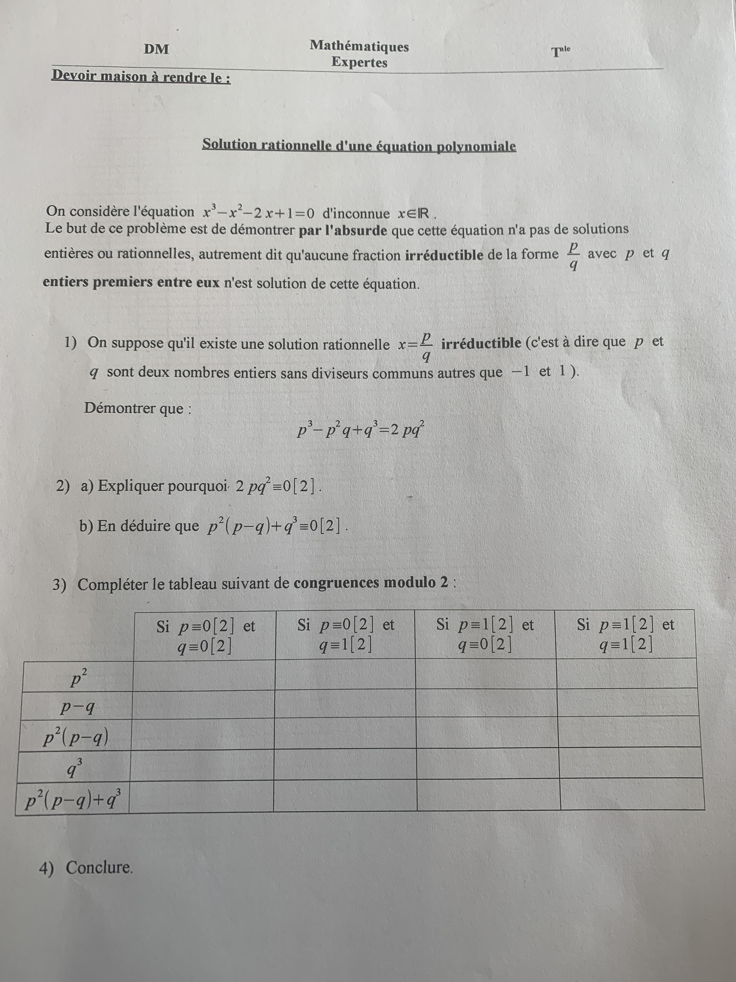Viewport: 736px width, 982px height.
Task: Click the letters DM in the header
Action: (156, 49)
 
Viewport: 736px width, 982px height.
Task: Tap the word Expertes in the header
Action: (359, 62)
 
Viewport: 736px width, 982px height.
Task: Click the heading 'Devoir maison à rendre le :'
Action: (141, 77)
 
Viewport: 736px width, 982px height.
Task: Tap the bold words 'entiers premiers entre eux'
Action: (131, 282)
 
